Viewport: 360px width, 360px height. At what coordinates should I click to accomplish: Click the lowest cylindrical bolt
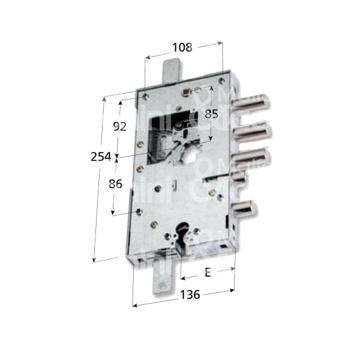[246, 208]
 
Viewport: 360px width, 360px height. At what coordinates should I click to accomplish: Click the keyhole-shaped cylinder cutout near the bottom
[184, 232]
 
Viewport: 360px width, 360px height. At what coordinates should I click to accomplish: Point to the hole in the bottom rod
[159, 287]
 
